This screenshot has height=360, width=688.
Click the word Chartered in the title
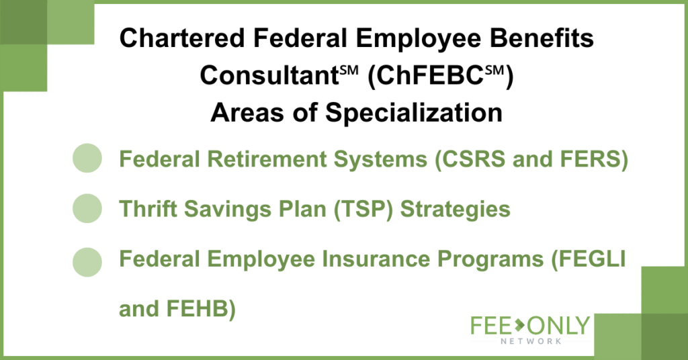tap(182, 38)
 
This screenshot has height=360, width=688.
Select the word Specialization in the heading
tap(414, 113)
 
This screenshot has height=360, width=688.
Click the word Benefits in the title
tap(542, 38)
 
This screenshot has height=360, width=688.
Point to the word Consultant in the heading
tap(269, 76)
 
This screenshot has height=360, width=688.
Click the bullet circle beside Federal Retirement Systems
tap(87, 158)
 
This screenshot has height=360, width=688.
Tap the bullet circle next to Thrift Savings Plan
tap(87, 208)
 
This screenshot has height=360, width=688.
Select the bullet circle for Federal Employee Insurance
tap(87, 262)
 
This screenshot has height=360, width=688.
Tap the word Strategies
tap(455, 209)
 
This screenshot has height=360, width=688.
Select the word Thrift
tap(147, 209)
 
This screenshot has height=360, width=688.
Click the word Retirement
tap(267, 159)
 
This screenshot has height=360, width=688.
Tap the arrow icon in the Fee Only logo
tap(520, 325)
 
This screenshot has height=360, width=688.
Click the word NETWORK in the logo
tap(531, 341)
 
